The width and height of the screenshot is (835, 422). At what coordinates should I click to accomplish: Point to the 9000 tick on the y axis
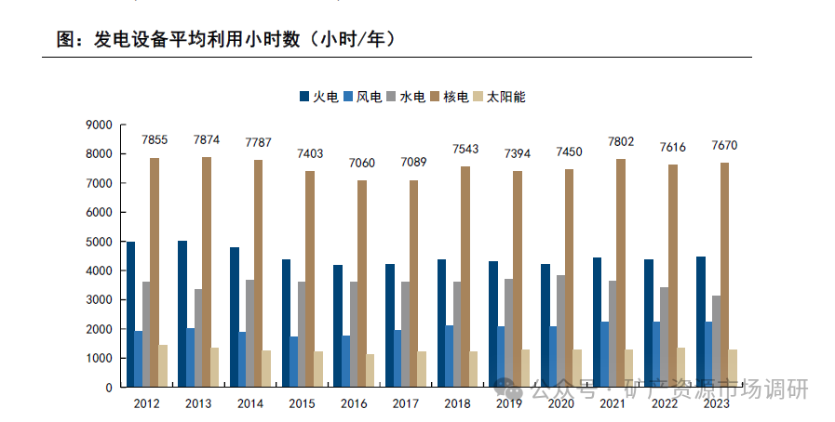[98, 125]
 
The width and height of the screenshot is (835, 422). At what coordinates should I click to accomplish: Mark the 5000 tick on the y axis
[98, 242]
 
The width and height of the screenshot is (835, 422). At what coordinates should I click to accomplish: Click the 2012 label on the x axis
[146, 403]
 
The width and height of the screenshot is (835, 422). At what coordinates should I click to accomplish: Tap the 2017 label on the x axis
[405, 403]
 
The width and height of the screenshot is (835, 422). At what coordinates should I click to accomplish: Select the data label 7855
[155, 139]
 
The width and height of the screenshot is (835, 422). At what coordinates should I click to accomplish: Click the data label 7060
[362, 163]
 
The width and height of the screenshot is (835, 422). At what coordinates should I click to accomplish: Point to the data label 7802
[622, 141]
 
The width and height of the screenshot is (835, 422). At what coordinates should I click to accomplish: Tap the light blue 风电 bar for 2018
[449, 356]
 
